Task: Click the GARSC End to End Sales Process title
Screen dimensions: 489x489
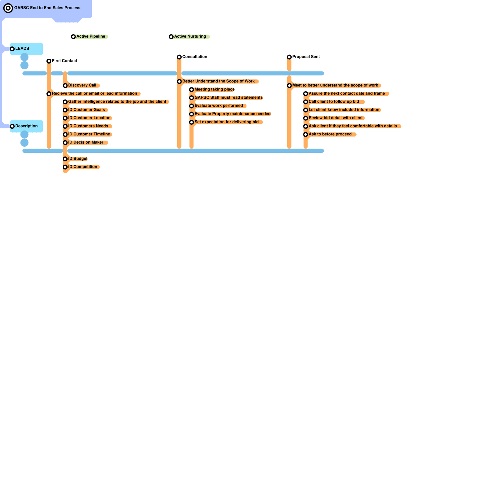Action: click(47, 8)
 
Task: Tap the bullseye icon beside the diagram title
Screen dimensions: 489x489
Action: click(8, 8)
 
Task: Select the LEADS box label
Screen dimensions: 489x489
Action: click(22, 49)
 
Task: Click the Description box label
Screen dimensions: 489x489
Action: click(27, 126)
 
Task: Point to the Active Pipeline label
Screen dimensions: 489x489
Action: click(91, 36)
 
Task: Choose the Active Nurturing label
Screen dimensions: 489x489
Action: click(190, 36)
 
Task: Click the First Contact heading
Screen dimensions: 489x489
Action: click(64, 61)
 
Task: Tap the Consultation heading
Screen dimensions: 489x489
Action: click(195, 57)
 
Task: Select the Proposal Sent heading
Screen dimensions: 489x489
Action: click(306, 57)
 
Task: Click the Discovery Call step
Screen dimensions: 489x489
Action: click(82, 85)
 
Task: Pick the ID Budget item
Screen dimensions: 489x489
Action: click(78, 159)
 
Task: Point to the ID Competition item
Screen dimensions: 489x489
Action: click(83, 167)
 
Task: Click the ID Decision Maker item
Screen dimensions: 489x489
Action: click(86, 142)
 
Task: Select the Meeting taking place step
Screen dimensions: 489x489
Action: click(215, 90)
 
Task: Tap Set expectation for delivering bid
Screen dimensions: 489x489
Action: click(226, 122)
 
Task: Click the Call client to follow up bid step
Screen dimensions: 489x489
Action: click(334, 101)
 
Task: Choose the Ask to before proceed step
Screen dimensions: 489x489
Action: click(330, 134)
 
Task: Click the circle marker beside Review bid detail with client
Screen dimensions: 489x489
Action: click(306, 118)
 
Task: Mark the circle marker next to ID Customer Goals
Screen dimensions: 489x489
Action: click(65, 110)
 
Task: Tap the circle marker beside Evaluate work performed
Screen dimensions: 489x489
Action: click(192, 106)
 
